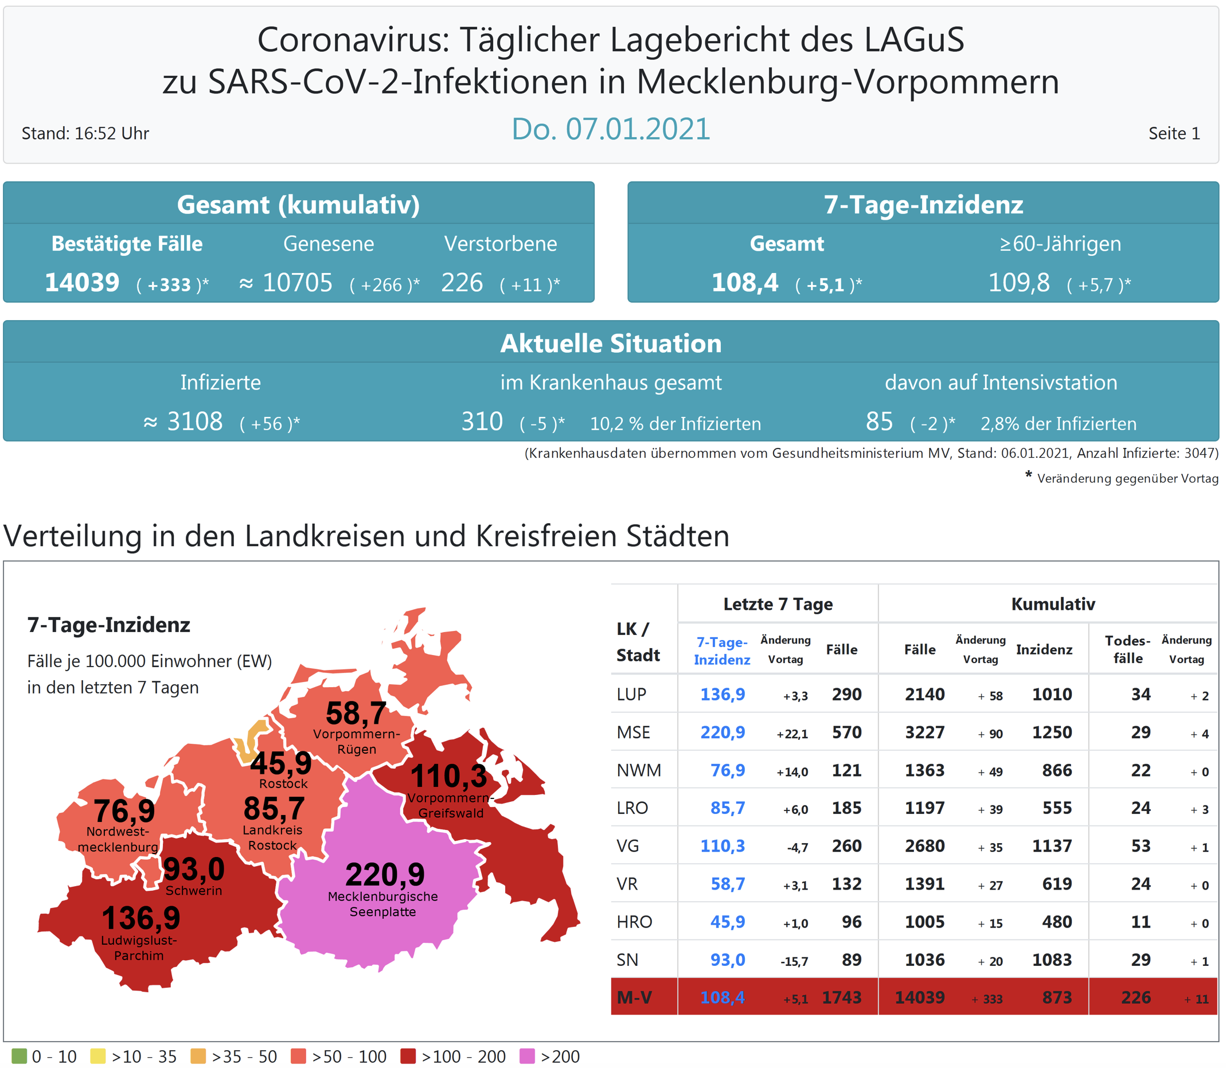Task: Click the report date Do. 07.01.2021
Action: (x=611, y=129)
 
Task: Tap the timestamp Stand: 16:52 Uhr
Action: (x=85, y=134)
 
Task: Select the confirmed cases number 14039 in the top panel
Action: (x=82, y=283)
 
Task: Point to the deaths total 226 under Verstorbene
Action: (x=462, y=283)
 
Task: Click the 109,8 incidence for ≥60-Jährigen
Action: (x=1018, y=283)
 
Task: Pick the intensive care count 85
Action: (x=879, y=422)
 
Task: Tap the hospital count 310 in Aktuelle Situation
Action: (x=482, y=422)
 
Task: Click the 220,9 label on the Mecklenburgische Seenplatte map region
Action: (x=385, y=875)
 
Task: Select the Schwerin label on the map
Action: (x=194, y=891)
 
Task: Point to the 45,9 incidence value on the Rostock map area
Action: (x=280, y=763)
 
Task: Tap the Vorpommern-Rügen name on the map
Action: (x=357, y=742)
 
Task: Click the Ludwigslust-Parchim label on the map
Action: (x=139, y=948)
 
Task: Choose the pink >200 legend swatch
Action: (x=527, y=1057)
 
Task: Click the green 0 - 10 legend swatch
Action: (x=19, y=1057)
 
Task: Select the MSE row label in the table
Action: (x=633, y=732)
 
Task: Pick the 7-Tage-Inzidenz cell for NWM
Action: (x=727, y=771)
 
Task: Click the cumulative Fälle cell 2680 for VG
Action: (x=924, y=846)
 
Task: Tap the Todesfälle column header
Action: (x=1128, y=650)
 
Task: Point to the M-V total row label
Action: (x=634, y=997)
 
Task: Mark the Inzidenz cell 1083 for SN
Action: (x=1052, y=960)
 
